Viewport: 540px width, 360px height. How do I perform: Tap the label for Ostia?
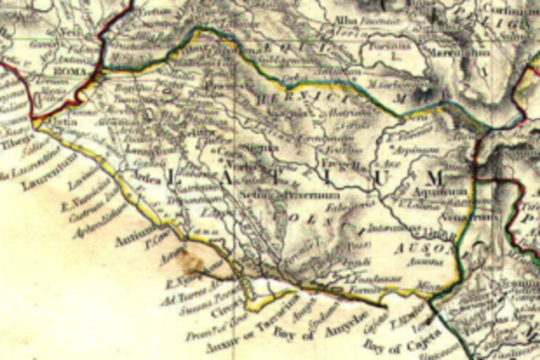click(53, 123)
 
